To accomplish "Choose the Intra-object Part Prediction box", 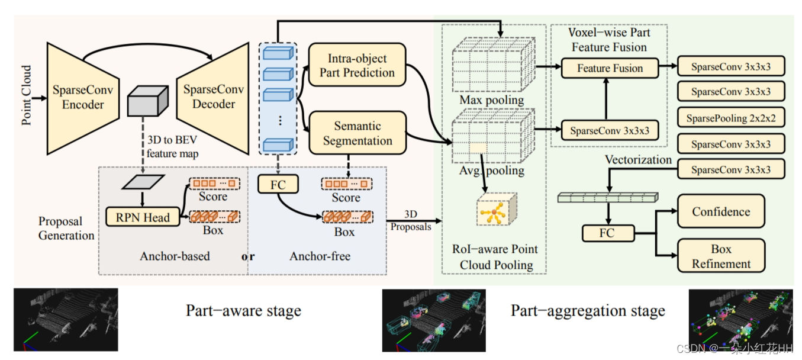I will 357,66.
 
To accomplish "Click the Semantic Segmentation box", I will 357,133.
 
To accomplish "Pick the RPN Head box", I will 143,217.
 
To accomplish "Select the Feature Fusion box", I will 610,68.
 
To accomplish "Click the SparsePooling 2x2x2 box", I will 730,118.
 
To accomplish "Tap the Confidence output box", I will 720,212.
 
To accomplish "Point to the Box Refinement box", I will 720,256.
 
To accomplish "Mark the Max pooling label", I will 491,100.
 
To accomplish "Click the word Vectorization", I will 638,160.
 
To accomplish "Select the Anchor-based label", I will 175,256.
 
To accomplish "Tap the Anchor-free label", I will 320,256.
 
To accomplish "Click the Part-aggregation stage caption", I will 587,311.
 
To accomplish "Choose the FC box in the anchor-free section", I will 278,185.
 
